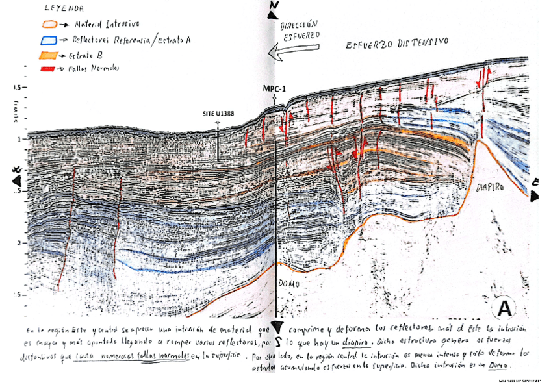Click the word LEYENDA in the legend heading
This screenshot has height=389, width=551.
64,9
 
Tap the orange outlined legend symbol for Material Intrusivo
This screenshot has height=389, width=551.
48,25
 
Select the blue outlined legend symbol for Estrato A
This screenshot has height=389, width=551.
47,39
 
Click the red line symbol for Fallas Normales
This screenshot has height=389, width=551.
47,68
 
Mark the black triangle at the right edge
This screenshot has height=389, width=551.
534,194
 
